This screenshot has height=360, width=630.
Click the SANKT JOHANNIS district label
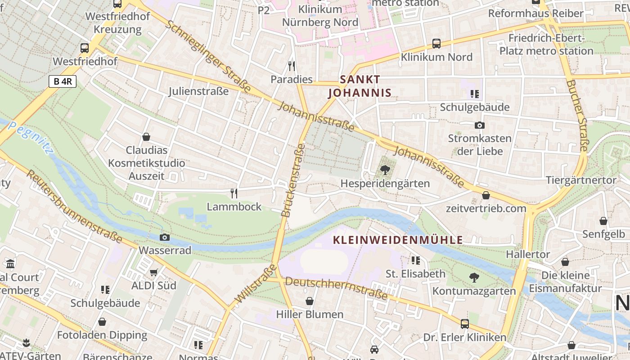click(360, 86)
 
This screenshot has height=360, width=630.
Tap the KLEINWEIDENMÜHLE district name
click(398, 240)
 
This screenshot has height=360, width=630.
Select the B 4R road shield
click(63, 81)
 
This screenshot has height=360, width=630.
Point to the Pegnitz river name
click(30, 138)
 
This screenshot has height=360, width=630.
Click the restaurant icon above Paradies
click(292, 66)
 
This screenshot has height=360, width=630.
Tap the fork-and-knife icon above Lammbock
click(234, 193)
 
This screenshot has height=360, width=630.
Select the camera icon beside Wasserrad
click(165, 237)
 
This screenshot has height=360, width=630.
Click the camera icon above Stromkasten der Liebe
click(480, 125)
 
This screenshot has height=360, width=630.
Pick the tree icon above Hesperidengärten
click(385, 170)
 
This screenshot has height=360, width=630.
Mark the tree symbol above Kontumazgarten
click(474, 278)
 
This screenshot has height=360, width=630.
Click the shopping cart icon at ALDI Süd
click(154, 272)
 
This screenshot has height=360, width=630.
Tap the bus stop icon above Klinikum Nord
click(436, 44)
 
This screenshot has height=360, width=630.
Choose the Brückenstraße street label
click(293, 180)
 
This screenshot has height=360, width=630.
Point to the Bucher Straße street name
click(577, 116)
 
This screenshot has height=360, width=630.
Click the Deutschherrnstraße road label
click(336, 288)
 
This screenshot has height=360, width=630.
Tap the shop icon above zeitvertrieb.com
click(486, 195)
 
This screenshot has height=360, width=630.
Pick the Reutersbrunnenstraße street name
click(74, 207)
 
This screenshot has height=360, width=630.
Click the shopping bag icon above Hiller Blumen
click(310, 301)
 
